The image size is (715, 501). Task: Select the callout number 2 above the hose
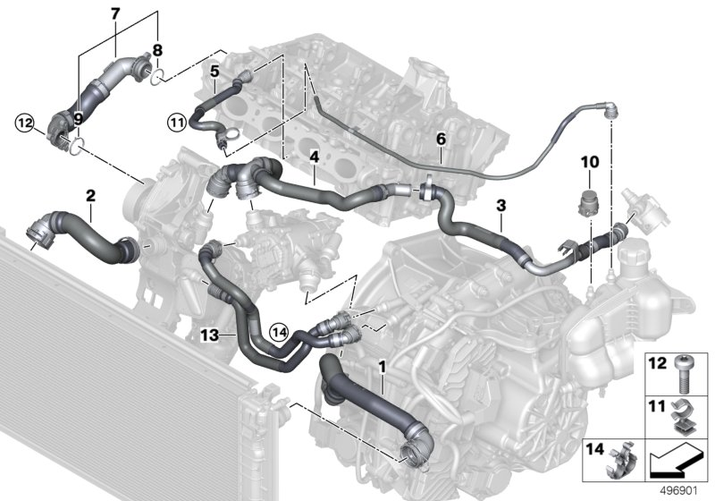(90, 194)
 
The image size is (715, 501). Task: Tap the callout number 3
(500, 205)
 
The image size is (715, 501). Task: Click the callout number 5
(214, 69)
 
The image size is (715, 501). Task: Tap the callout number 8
(157, 50)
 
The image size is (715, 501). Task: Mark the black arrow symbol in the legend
(674, 462)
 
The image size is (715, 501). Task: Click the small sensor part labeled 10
(589, 198)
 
